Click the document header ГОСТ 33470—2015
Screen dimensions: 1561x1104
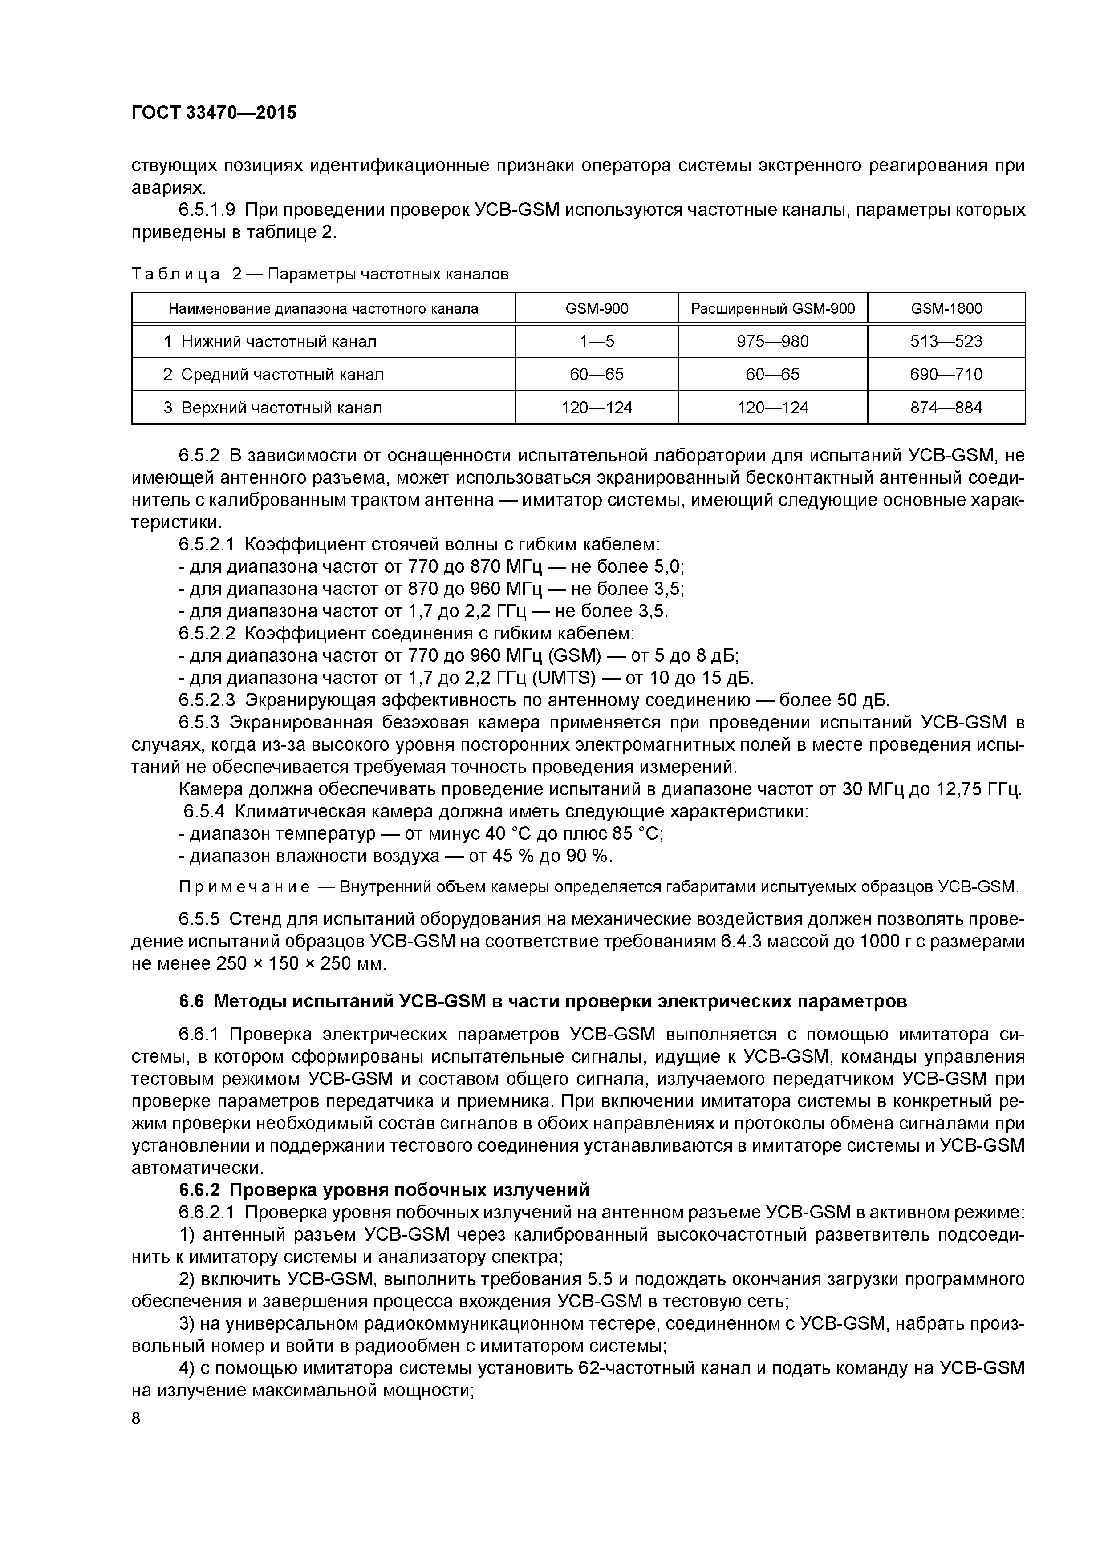tap(214, 113)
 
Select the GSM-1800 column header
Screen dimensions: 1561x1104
tap(946, 309)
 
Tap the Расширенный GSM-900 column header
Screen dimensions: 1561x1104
tap(773, 309)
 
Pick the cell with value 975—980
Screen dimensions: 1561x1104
tap(773, 341)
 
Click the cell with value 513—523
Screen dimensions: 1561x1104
tap(946, 341)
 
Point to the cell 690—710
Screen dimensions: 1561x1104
tap(946, 375)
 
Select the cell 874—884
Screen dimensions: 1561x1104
tap(946, 408)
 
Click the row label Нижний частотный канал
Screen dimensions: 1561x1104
tap(279, 341)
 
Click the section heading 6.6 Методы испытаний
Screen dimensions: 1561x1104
tap(542, 1002)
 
